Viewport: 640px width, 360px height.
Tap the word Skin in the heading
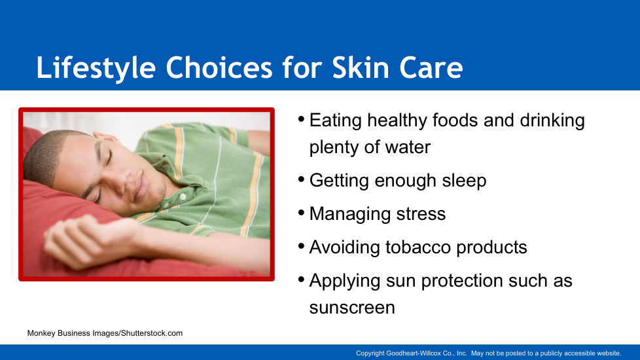point(361,67)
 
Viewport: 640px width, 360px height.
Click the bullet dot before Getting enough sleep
point(301,179)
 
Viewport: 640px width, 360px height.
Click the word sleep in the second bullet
point(464,181)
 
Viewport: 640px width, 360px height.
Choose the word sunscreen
point(352,308)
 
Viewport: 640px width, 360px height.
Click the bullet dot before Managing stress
point(301,213)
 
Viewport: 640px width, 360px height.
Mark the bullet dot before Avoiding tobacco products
point(301,246)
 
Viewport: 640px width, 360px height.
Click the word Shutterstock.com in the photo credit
point(152,333)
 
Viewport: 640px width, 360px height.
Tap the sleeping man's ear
point(105,137)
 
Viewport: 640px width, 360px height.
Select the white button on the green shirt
point(183,197)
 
